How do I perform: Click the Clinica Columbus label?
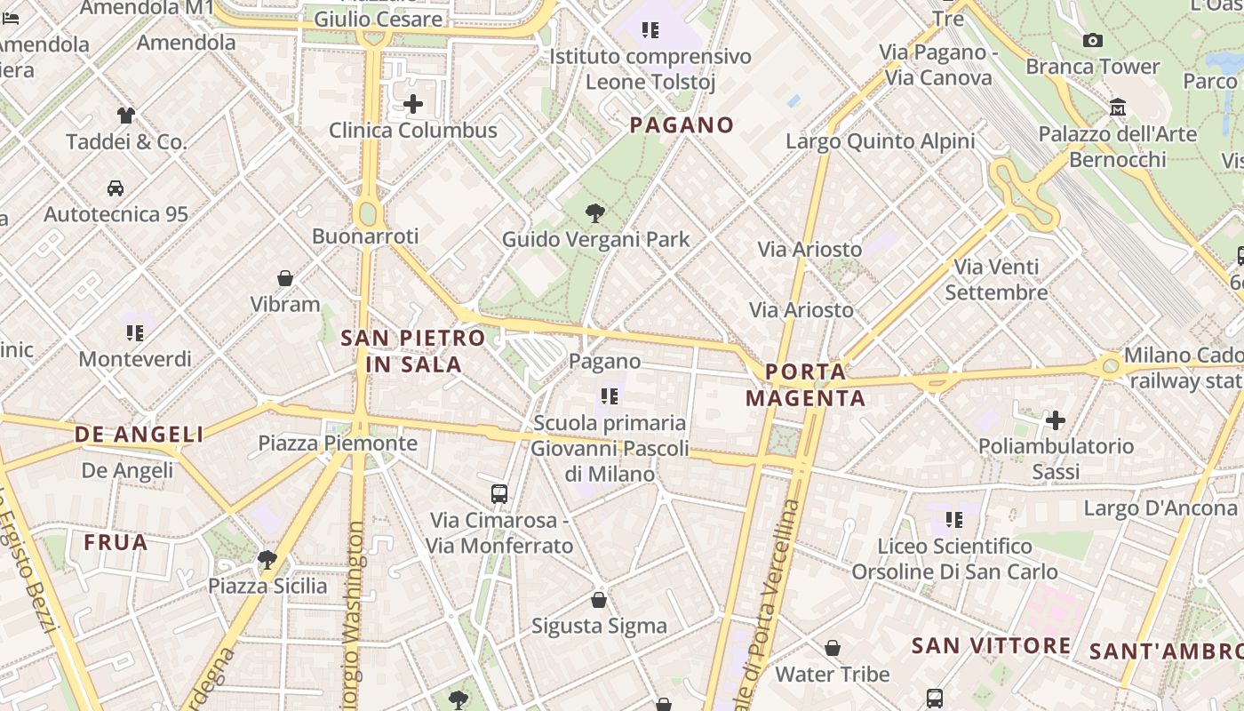point(413,131)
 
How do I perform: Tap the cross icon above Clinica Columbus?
point(413,104)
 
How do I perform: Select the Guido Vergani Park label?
point(595,239)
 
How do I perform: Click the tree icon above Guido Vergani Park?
point(595,213)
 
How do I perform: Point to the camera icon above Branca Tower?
point(1093,40)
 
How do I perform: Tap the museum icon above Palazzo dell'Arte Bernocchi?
point(1118,108)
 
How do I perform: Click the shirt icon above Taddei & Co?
point(126,115)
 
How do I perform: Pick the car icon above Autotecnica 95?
point(116,188)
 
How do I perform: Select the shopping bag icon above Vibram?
point(285,278)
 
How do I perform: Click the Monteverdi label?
point(135,359)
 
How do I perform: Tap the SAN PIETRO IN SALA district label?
point(413,351)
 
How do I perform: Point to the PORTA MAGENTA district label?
point(806,384)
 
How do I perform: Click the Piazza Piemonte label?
point(338,443)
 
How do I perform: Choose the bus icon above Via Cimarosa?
point(499,493)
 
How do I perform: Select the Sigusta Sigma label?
point(599,626)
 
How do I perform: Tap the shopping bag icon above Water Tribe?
point(833,648)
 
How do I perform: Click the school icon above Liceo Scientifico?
point(954,519)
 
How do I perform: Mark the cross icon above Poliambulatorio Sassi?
point(1056,419)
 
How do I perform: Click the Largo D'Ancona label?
point(1160,508)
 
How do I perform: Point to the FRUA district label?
point(116,542)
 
